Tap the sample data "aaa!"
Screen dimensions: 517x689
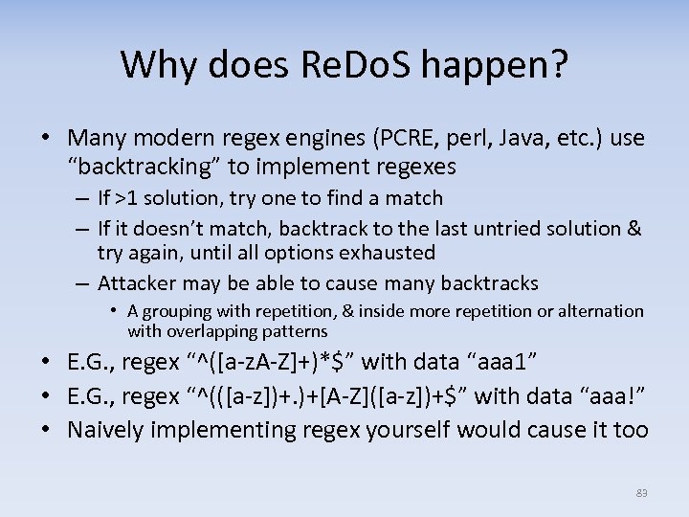point(600,396)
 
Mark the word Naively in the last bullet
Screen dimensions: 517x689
point(105,430)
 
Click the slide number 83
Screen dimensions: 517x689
point(641,493)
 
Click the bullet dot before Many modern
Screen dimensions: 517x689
point(47,140)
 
